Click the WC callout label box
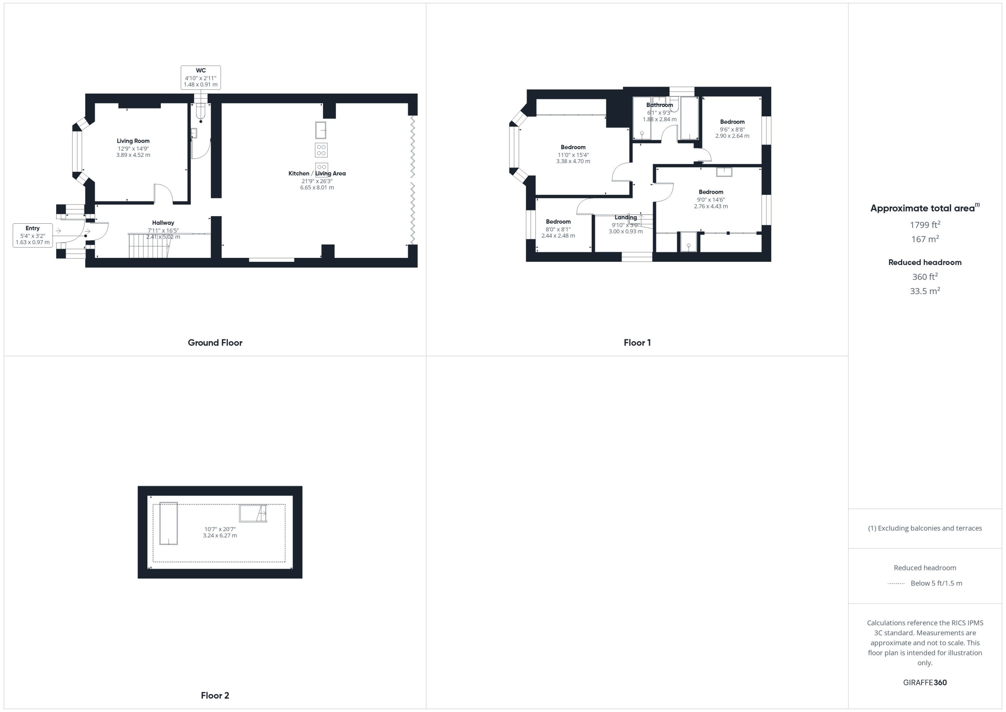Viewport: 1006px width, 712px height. pos(201,77)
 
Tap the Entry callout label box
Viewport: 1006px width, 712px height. pos(33,235)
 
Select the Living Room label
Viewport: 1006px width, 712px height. pos(133,141)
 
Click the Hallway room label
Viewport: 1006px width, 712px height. pos(163,223)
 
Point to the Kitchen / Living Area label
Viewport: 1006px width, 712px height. pos(317,173)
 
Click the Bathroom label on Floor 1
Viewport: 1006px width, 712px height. pos(659,105)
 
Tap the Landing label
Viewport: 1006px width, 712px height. pos(626,217)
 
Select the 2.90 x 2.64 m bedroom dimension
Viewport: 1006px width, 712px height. pos(732,136)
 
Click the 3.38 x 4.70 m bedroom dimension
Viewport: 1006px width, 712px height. pos(573,161)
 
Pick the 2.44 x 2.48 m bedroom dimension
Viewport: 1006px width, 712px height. pos(558,236)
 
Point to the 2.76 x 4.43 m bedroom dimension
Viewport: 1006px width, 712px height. pos(711,206)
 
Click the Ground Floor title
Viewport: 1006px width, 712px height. pos(215,342)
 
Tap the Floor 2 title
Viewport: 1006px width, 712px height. pos(215,695)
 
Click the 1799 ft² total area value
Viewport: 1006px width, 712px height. pos(925,224)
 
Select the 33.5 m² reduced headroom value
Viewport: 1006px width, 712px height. pos(925,291)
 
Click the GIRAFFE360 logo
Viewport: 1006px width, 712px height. pos(925,683)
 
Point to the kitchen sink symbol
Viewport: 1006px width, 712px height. pos(321,130)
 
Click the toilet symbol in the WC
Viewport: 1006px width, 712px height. pos(201,112)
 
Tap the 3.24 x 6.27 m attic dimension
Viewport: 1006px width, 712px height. pos(220,535)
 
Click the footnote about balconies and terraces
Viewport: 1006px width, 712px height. pos(925,528)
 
